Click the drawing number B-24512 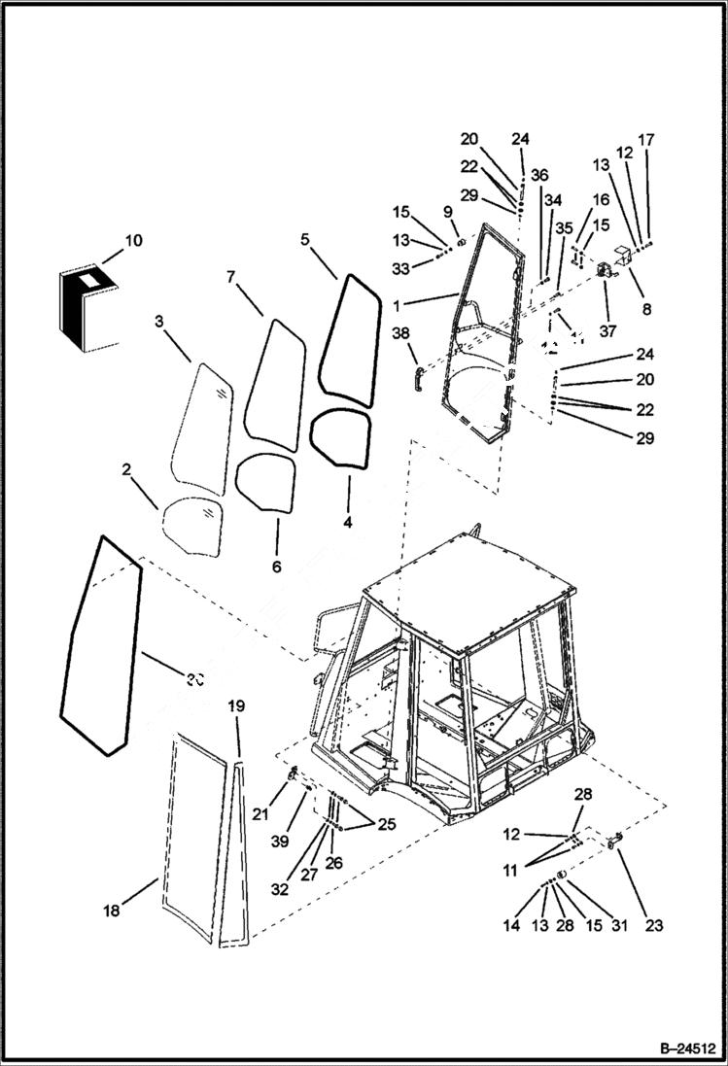[x=686, y=1049]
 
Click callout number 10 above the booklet [x=133, y=240]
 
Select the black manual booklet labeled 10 [x=87, y=306]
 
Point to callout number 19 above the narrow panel [x=236, y=705]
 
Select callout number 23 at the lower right [x=654, y=925]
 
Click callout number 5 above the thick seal [x=304, y=237]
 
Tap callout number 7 [x=230, y=277]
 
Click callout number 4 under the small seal [x=347, y=522]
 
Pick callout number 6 [x=276, y=566]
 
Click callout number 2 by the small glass [x=127, y=469]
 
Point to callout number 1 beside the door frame [x=398, y=304]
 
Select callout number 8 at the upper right [x=646, y=309]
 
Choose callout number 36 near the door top [x=539, y=176]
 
